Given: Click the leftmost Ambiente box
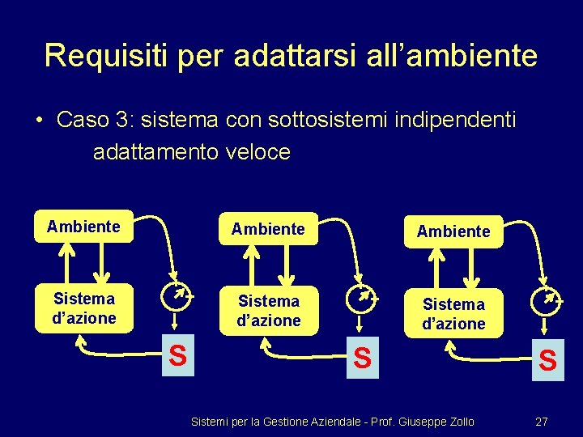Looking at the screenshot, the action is (x=83, y=227).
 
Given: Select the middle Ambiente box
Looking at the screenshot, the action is (x=268, y=230).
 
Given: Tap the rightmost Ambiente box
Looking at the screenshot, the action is (x=453, y=231).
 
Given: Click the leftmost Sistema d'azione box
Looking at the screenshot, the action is (x=83, y=308).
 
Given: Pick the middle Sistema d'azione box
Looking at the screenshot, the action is (x=268, y=311).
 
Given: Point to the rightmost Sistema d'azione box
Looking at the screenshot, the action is (x=453, y=314).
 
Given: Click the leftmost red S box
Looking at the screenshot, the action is (x=177, y=355).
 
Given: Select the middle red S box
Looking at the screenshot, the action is (x=363, y=357).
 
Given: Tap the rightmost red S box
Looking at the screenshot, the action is (x=547, y=359).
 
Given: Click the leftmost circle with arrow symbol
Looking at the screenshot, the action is (x=176, y=296).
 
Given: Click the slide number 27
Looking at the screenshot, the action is (x=542, y=422).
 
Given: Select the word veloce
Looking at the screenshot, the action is (x=254, y=151).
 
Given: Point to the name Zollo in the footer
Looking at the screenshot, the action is (x=459, y=422).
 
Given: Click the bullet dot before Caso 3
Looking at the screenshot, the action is (x=39, y=121).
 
